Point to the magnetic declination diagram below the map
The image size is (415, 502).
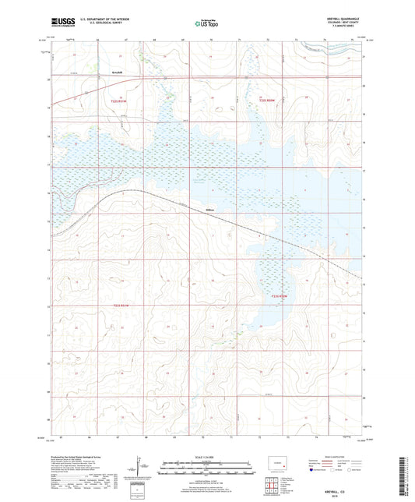pos(140,468)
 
